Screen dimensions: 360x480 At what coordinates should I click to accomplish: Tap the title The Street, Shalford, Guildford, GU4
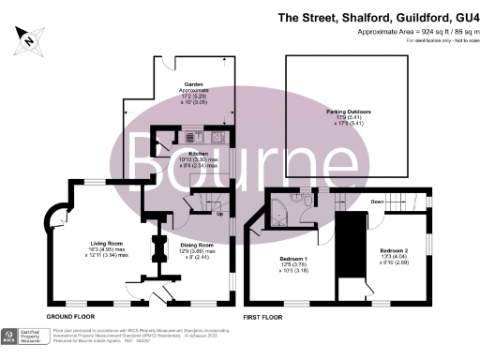pyautogui.click(x=379, y=17)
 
